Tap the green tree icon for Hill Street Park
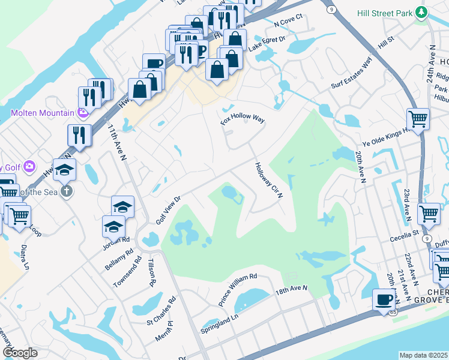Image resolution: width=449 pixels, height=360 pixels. point(422,12)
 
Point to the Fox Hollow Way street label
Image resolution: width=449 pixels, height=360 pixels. point(243,116)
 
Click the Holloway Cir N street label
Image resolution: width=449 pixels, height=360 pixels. point(268,181)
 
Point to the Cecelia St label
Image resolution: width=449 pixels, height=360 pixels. point(403,235)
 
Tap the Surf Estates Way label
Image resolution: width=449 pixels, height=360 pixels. point(352,74)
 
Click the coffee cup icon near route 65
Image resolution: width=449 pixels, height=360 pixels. point(384,299)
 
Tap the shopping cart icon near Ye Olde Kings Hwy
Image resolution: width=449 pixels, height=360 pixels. point(417,118)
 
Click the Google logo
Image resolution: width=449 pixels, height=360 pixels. point(20,352)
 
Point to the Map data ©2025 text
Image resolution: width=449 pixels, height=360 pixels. point(423,355)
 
